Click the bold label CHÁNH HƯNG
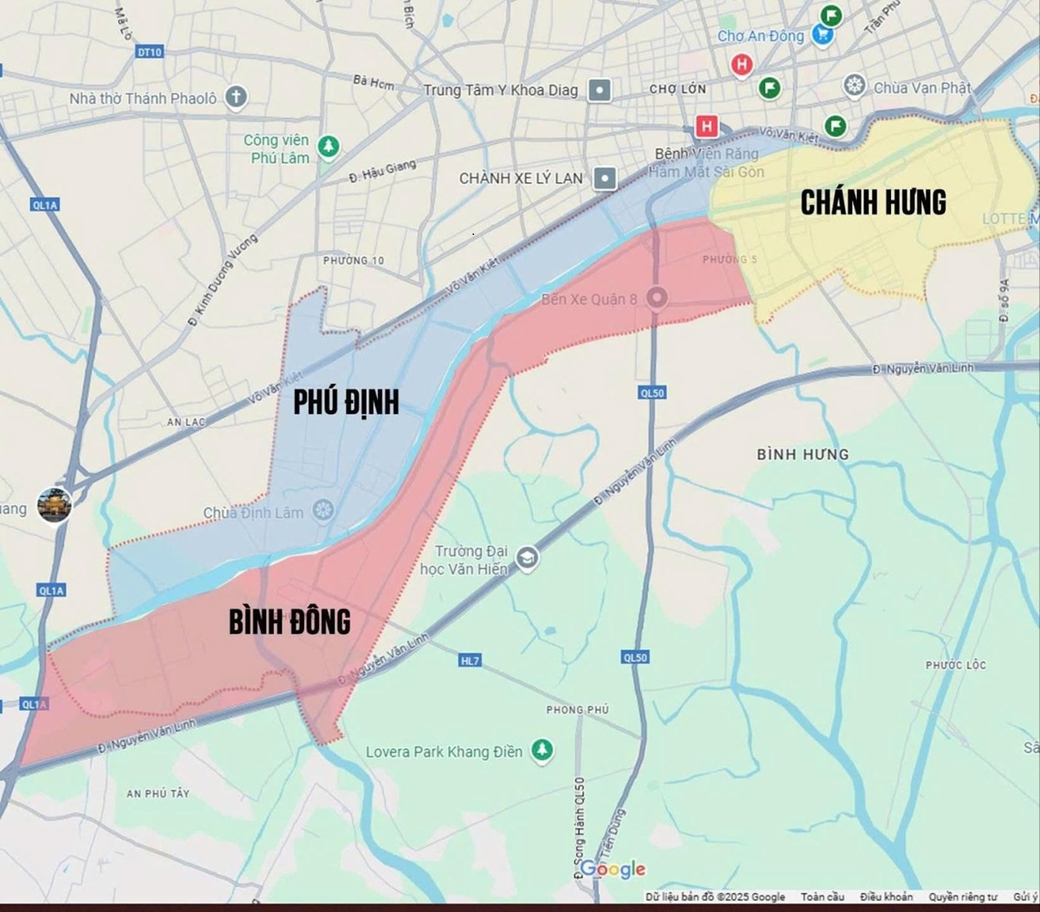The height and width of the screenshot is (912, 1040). click(x=873, y=203)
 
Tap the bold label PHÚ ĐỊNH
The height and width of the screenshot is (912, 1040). click(x=346, y=402)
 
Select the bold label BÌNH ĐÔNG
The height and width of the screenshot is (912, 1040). click(x=289, y=621)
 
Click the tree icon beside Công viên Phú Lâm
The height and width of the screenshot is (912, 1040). click(x=328, y=147)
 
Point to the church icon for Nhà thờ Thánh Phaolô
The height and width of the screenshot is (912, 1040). click(x=236, y=97)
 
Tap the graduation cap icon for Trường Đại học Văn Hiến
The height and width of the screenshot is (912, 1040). click(x=526, y=558)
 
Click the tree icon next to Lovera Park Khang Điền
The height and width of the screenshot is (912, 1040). click(x=543, y=749)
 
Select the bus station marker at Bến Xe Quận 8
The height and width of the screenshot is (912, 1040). click(x=657, y=298)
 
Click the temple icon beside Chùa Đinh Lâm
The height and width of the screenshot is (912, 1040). click(x=322, y=510)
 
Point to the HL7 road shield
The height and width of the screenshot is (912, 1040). click(x=469, y=661)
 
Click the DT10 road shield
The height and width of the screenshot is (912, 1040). click(x=149, y=52)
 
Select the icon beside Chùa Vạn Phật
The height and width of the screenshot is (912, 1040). click(x=855, y=86)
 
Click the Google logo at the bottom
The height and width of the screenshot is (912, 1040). click(x=613, y=869)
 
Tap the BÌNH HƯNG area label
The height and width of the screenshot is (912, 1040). click(x=803, y=454)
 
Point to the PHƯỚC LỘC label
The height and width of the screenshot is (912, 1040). click(x=955, y=665)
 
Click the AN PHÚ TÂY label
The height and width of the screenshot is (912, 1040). click(x=158, y=793)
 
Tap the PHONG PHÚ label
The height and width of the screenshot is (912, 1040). click(x=577, y=709)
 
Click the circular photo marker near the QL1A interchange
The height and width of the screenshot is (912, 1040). click(x=54, y=505)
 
